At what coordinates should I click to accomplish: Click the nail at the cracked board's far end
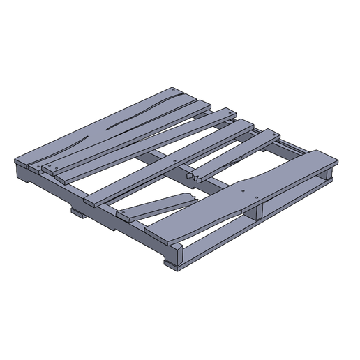pyautogui.click(x=173, y=89)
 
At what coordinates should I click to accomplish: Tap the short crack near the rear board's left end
pyautogui.click(x=82, y=137)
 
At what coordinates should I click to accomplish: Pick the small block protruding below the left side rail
pyautogui.click(x=77, y=211)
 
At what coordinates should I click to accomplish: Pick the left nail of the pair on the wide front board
pyautogui.click(x=241, y=189)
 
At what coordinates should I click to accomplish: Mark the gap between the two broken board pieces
pyautogui.click(x=195, y=188)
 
